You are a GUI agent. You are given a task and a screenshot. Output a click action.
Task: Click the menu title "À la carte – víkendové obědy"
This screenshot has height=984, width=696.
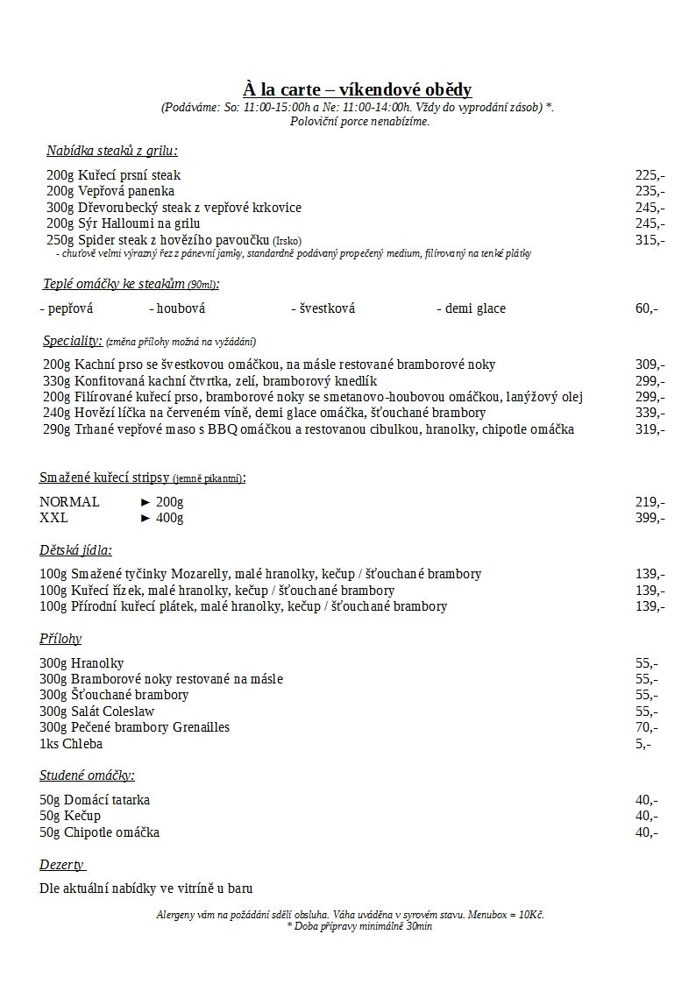(x=358, y=89)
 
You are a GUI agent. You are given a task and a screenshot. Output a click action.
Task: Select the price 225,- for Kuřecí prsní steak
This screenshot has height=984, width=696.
(x=650, y=175)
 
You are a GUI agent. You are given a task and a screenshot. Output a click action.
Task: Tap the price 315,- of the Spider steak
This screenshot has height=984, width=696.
(x=650, y=240)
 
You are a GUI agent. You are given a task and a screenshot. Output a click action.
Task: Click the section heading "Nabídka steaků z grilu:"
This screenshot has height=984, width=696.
(x=112, y=151)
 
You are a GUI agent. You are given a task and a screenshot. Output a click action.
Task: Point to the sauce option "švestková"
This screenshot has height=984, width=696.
(x=323, y=308)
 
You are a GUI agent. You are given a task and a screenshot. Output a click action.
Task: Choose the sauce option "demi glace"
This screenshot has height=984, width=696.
(x=471, y=308)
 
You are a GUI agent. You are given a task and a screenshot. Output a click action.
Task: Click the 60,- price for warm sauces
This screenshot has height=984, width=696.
(x=647, y=308)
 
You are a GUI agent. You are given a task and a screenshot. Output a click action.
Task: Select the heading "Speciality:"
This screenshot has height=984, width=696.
(x=73, y=341)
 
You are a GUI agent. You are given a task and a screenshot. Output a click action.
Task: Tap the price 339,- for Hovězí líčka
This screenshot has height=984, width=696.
(x=650, y=413)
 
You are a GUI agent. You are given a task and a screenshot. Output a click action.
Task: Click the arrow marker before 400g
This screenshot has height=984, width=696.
(x=146, y=518)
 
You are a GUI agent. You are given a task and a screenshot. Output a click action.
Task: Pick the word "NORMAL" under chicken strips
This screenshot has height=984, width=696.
(x=69, y=502)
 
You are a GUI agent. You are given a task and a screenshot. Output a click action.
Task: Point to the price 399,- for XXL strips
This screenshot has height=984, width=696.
(x=650, y=518)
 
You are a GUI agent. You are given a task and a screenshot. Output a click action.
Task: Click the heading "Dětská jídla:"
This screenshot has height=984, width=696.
(x=75, y=551)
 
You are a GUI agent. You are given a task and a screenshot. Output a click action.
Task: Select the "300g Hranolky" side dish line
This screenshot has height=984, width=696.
(x=82, y=663)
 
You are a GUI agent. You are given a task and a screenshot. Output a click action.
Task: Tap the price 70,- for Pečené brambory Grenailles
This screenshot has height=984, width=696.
(x=647, y=727)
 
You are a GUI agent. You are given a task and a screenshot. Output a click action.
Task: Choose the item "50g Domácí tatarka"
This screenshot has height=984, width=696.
(x=95, y=800)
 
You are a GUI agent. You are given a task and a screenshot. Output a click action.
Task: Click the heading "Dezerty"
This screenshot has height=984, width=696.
(x=61, y=865)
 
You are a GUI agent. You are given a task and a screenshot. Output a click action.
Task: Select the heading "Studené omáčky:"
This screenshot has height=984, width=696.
(x=87, y=775)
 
